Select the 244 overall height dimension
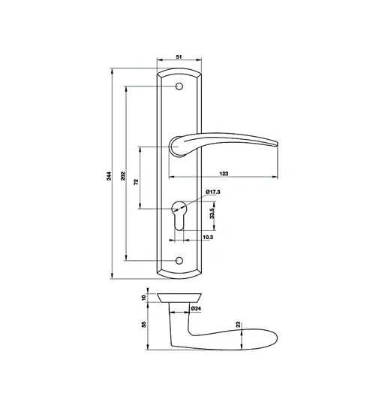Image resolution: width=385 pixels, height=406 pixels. pyautogui.click(x=109, y=176)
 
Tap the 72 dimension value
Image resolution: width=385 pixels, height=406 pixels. pyautogui.click(x=137, y=181)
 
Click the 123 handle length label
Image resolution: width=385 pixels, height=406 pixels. pyautogui.click(x=224, y=174)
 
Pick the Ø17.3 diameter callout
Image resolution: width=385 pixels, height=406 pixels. pyautogui.click(x=214, y=193)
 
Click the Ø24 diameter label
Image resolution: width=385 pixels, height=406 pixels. pyautogui.click(x=194, y=308)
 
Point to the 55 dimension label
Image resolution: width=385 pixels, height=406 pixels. pyautogui.click(x=144, y=325)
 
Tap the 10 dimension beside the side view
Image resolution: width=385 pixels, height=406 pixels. pyautogui.click(x=144, y=298)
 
